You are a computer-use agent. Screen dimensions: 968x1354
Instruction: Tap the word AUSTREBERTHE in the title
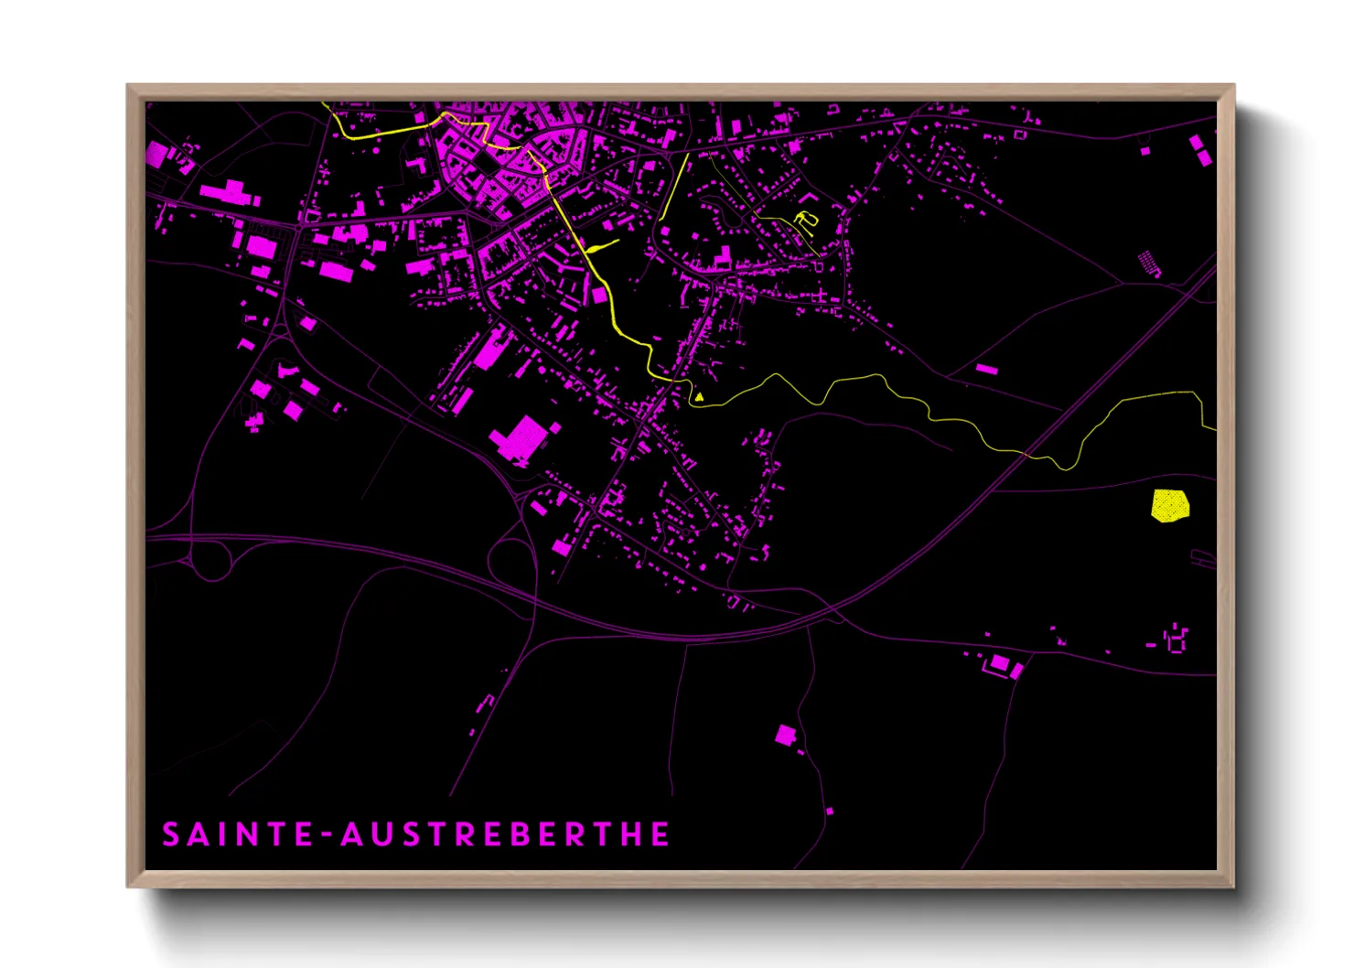[505, 834]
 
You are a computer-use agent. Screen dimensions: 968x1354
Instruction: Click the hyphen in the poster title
[328, 835]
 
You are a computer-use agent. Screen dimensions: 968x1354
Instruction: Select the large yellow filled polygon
[1169, 505]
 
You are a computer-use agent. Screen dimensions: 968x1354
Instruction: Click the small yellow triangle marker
[699, 397]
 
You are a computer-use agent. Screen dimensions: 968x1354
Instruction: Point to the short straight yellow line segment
[674, 187]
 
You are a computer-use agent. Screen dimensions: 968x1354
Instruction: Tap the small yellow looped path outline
[805, 219]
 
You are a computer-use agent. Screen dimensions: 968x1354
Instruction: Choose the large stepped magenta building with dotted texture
[521, 438]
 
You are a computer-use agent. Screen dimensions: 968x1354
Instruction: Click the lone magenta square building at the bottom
[785, 735]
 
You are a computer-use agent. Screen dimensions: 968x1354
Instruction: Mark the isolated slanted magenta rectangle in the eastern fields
[986, 369]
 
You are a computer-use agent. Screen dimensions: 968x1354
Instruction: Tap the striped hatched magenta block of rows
[1149, 264]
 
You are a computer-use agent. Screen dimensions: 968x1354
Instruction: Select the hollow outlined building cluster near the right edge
[1176, 639]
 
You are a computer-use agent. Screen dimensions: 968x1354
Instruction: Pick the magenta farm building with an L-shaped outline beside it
[1001, 663]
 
